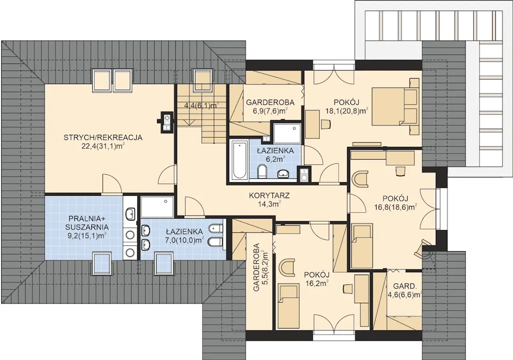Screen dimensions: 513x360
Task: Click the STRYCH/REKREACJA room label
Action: click(103, 137)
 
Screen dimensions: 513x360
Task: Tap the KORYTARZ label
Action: click(269, 196)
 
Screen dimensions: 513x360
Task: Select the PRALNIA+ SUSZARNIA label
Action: click(87, 223)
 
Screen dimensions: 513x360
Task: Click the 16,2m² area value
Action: click(317, 284)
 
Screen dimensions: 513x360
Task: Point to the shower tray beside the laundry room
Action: click(157, 207)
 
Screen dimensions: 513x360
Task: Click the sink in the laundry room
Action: click(130, 214)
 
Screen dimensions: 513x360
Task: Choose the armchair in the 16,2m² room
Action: click(287, 267)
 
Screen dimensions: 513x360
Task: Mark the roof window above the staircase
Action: click(203, 80)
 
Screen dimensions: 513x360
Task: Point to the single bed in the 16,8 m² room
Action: click(362, 246)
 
